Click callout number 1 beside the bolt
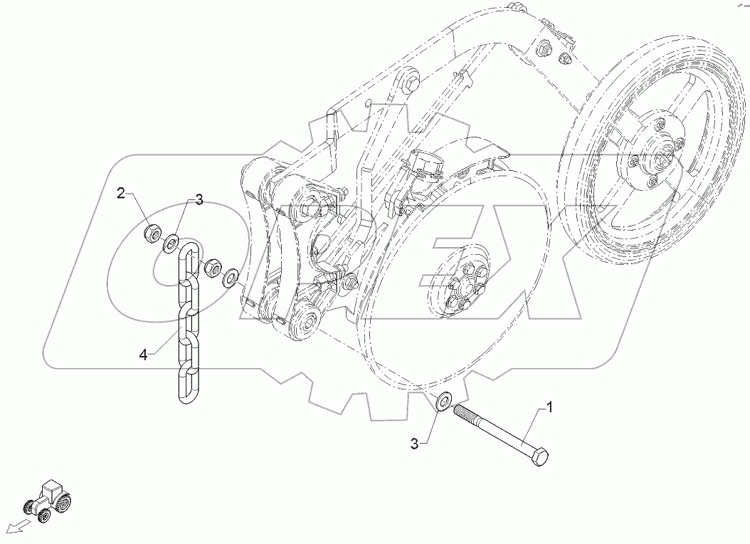pos(549,408)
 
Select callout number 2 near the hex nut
pos(122,192)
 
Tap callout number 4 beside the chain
pos(143,355)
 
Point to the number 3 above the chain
pos(199,201)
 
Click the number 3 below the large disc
pos(415,444)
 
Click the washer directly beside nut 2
pos(171,244)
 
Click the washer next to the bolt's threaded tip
pos(442,402)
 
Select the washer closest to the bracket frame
pos(231,278)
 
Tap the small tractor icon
pos(48,499)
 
